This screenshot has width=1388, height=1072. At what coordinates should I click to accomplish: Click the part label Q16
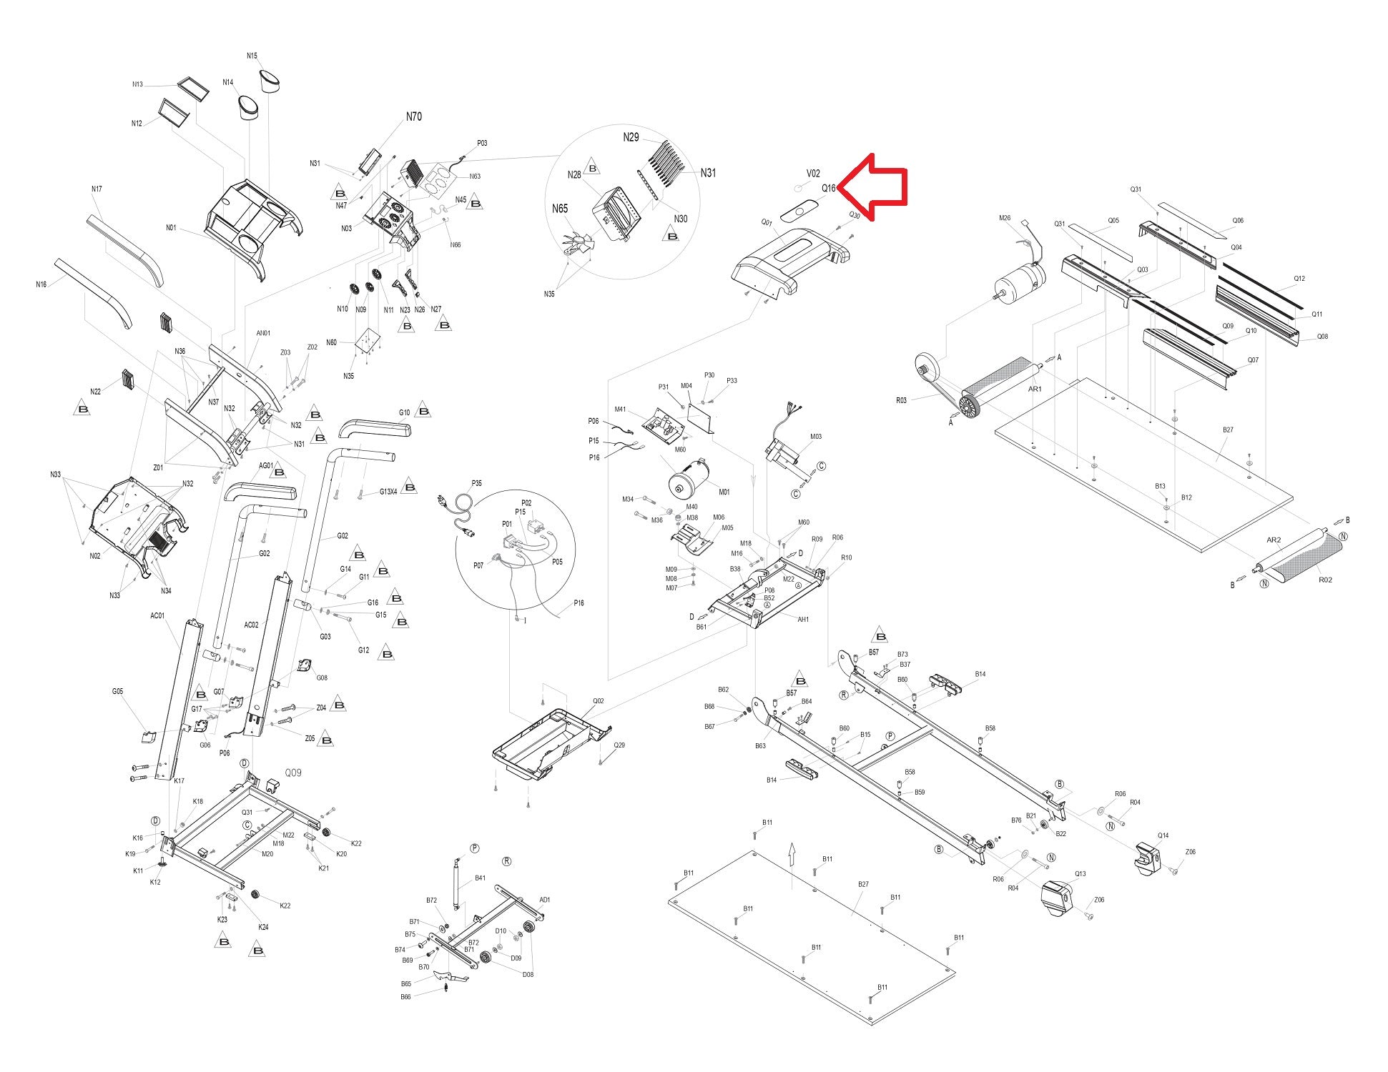pyautogui.click(x=828, y=189)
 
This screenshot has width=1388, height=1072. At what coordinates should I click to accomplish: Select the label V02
pyautogui.click(x=813, y=174)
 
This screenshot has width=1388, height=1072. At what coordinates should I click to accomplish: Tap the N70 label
pyautogui.click(x=413, y=116)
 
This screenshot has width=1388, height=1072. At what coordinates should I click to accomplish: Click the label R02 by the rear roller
pyautogui.click(x=1324, y=580)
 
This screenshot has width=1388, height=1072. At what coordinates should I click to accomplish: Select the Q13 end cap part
pyautogui.click(x=1058, y=896)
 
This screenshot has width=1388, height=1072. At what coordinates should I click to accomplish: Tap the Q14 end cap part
pyautogui.click(x=1151, y=856)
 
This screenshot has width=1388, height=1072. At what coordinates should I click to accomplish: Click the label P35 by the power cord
pyautogui.click(x=476, y=484)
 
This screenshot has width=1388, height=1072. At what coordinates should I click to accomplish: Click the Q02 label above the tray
pyautogui.click(x=598, y=701)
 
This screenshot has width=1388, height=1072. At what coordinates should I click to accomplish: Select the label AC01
pyautogui.click(x=157, y=615)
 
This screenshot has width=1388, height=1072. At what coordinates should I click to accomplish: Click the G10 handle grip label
pyautogui.click(x=404, y=413)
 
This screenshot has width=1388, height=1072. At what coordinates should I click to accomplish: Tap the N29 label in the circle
pyautogui.click(x=631, y=137)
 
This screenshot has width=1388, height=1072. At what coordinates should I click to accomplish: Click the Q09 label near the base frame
pyautogui.click(x=293, y=773)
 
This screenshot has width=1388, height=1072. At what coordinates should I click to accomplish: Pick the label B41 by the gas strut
pyautogui.click(x=480, y=878)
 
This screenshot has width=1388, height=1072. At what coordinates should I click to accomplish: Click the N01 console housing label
pyautogui.click(x=171, y=228)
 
